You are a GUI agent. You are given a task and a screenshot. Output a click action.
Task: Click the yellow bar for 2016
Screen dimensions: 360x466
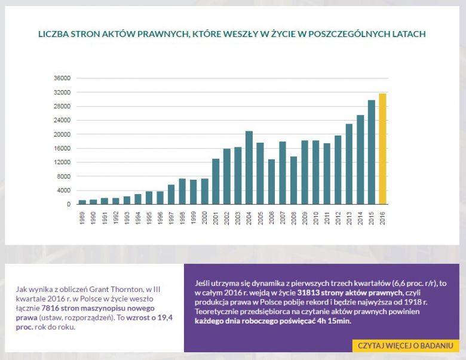click(x=382, y=149)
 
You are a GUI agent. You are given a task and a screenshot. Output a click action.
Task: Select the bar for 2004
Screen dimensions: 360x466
click(x=249, y=168)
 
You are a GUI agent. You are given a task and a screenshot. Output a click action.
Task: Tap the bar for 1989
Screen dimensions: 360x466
click(x=82, y=202)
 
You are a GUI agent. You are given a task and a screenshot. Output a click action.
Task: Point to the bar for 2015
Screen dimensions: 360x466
click(x=372, y=152)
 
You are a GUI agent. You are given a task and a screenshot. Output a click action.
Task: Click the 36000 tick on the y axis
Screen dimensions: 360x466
click(x=63, y=78)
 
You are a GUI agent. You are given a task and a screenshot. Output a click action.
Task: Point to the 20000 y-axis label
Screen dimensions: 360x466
click(x=63, y=134)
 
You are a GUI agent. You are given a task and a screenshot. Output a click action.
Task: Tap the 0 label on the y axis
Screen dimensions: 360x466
click(x=69, y=204)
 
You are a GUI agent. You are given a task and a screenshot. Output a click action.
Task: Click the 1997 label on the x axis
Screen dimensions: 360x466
click(x=171, y=217)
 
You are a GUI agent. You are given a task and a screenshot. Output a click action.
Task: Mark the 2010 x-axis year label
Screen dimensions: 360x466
click(x=316, y=217)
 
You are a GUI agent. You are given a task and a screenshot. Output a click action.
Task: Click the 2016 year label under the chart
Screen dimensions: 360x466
click(x=383, y=217)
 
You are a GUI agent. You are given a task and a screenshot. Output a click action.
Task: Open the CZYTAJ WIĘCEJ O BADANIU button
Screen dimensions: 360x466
click(x=404, y=346)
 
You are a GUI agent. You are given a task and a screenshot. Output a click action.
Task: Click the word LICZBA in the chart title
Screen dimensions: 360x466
click(x=55, y=34)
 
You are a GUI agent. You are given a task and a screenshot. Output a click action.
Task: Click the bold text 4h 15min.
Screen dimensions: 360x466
click(x=334, y=321)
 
